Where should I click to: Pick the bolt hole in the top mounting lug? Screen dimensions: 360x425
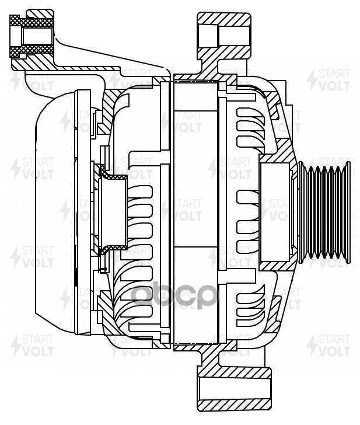click(225, 34)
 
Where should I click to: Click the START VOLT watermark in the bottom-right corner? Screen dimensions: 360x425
click(330, 345)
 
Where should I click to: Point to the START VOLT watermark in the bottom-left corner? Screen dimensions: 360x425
click(32, 345)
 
